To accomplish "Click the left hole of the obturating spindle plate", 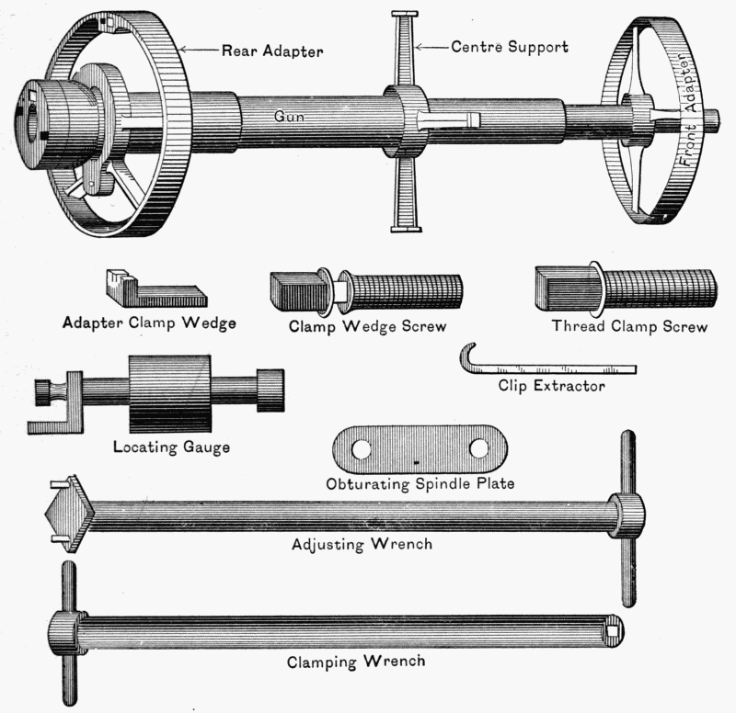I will click(362, 449).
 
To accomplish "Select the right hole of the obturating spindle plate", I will click(478, 448).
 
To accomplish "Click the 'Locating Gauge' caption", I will click(170, 448).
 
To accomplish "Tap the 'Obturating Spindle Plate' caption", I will click(420, 483).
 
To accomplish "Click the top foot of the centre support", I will click(405, 15).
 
